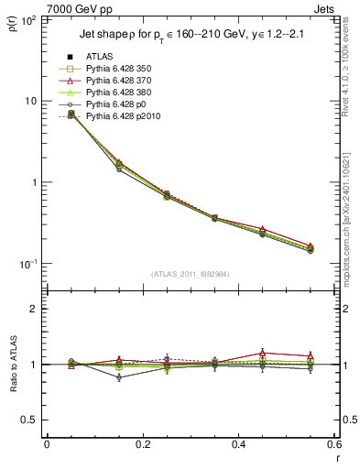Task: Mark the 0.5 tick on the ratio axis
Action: tap(33, 420)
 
